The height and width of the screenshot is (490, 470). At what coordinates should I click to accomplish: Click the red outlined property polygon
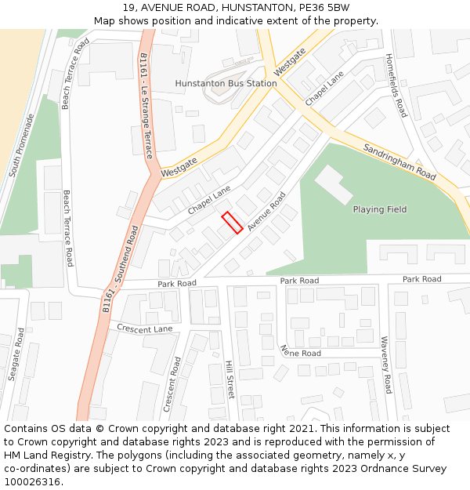[231, 223]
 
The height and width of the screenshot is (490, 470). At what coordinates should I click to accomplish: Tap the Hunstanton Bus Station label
[226, 83]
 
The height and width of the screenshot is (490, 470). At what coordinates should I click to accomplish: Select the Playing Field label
[380, 209]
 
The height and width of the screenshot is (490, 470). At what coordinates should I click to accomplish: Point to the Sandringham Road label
[399, 162]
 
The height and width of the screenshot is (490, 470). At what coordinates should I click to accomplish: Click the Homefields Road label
[396, 85]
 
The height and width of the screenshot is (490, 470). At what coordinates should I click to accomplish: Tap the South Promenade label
[22, 145]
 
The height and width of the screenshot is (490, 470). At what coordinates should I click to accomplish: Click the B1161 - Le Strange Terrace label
[146, 105]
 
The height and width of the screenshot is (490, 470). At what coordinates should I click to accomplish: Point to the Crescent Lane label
[144, 328]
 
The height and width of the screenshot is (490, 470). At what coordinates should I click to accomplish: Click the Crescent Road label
[172, 384]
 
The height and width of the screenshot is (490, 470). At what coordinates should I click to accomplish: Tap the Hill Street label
[230, 379]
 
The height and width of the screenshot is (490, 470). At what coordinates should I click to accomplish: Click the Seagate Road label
[16, 354]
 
